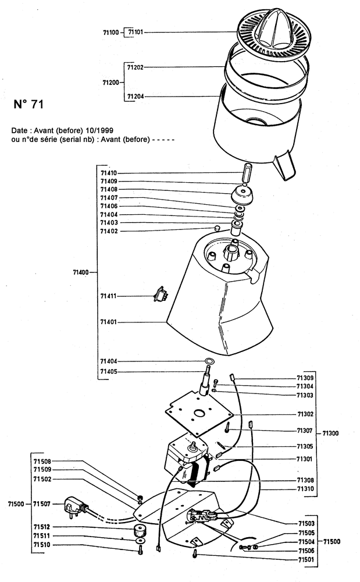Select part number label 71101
(x=136, y=33)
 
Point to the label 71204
(x=136, y=97)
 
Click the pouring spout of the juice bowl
(x=284, y=164)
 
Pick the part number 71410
(x=109, y=173)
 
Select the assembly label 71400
(x=81, y=272)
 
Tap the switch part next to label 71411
(x=158, y=296)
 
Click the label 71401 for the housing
(x=109, y=321)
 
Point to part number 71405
(x=109, y=372)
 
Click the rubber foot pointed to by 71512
(x=139, y=530)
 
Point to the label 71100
(x=111, y=33)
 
